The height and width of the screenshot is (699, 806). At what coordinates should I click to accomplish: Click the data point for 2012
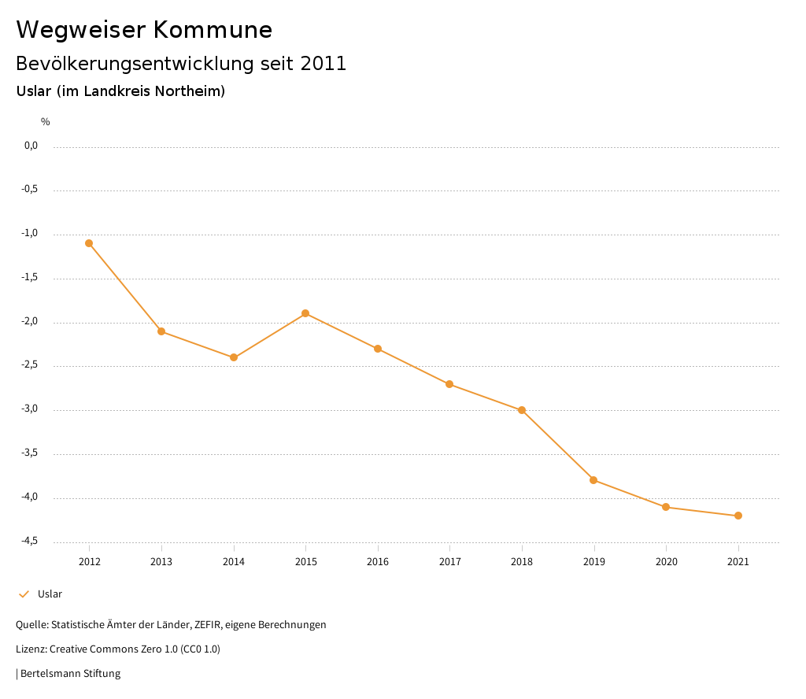(89, 243)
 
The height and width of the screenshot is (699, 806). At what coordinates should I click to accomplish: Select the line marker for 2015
(305, 313)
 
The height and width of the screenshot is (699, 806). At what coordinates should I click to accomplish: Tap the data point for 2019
(593, 480)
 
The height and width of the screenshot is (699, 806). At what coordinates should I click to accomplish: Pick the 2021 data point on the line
(738, 516)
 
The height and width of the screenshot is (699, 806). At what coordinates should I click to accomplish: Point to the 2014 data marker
(234, 357)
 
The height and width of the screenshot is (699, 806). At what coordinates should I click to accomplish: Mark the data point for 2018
(522, 410)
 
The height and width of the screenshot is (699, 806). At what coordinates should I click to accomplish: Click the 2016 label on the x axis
(378, 562)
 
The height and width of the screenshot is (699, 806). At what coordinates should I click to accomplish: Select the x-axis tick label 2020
(666, 562)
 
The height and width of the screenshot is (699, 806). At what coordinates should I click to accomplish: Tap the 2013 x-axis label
(161, 562)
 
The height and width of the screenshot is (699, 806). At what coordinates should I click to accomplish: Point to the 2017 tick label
(449, 562)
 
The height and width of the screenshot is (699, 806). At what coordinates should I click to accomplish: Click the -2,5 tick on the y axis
(29, 365)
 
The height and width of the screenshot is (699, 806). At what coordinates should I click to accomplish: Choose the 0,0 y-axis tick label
(31, 146)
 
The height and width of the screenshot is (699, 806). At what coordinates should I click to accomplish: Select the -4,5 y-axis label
(29, 542)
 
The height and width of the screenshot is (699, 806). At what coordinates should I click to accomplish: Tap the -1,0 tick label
(29, 234)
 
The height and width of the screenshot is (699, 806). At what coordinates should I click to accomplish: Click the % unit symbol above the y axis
(46, 122)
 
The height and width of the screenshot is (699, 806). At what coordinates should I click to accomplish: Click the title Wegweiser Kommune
(144, 30)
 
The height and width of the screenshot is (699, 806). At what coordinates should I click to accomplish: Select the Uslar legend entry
(49, 594)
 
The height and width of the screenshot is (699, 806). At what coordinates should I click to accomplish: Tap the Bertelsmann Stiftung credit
(69, 674)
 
